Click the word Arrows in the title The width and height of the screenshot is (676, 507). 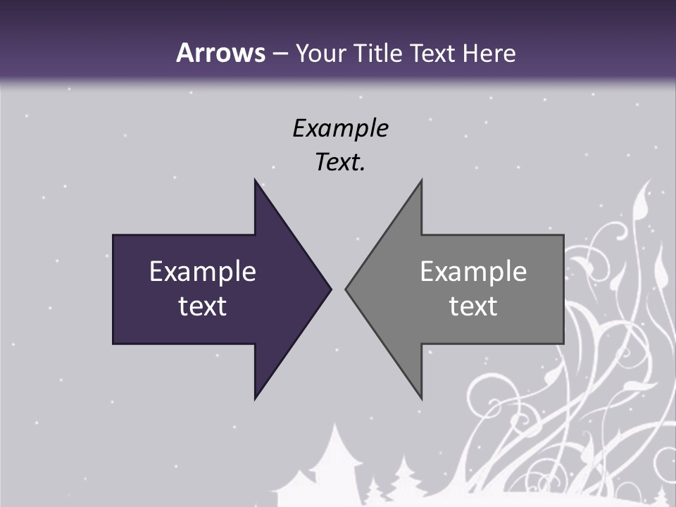[x=220, y=53]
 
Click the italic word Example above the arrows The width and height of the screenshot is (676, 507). [x=340, y=128]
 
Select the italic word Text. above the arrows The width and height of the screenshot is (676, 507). [x=340, y=163]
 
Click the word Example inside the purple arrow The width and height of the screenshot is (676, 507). [x=203, y=271]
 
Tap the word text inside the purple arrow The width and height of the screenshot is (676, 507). [x=203, y=306]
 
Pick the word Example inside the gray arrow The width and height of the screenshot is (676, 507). [x=473, y=271]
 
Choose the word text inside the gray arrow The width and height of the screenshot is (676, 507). [x=473, y=306]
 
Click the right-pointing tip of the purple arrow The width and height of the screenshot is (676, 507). [x=330, y=289]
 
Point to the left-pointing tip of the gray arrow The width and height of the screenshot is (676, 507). [x=346, y=289]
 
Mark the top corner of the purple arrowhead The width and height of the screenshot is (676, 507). [x=255, y=180]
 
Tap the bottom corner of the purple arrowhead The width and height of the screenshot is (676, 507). [x=255, y=399]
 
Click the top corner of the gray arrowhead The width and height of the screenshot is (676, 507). [x=421, y=180]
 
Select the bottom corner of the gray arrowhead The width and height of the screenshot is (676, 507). [x=421, y=399]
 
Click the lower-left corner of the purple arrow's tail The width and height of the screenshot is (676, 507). [x=114, y=343]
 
